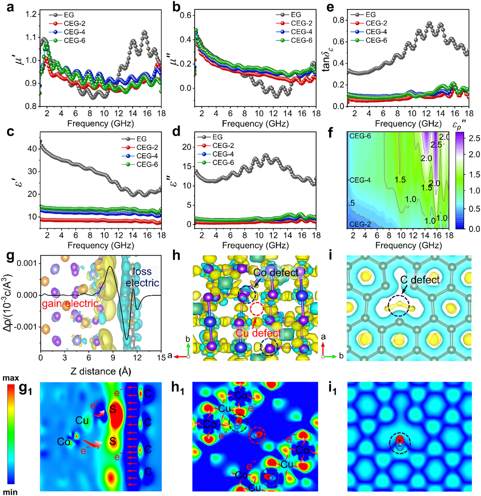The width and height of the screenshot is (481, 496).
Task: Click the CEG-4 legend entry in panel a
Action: click(74, 32)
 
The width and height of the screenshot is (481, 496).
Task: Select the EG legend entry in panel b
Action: click(296, 15)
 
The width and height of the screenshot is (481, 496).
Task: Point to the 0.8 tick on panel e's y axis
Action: click(338, 20)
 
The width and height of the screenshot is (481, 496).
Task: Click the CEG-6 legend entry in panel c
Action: click(147, 164)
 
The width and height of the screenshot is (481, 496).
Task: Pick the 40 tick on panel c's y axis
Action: click(32, 149)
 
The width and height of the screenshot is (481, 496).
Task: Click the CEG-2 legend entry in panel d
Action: click(223, 145)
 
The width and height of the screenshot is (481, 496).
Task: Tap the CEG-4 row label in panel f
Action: click(360, 180)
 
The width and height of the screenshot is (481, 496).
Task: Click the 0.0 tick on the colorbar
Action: click(474, 229)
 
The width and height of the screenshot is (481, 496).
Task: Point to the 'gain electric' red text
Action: click(70, 303)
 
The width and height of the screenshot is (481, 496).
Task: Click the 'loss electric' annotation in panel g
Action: click(142, 277)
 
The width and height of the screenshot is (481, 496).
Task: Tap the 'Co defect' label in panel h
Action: click(276, 273)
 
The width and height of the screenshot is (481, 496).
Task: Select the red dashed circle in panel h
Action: click(256, 309)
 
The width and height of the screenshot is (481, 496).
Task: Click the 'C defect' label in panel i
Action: click(420, 280)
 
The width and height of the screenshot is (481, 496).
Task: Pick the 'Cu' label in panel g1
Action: click(82, 421)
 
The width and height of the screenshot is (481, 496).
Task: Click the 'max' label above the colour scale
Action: click(11, 378)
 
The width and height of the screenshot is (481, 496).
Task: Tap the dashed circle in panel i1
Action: click(400, 443)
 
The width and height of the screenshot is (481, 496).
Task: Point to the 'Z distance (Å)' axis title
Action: click(101, 372)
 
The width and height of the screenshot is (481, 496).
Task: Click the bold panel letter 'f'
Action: click(330, 133)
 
